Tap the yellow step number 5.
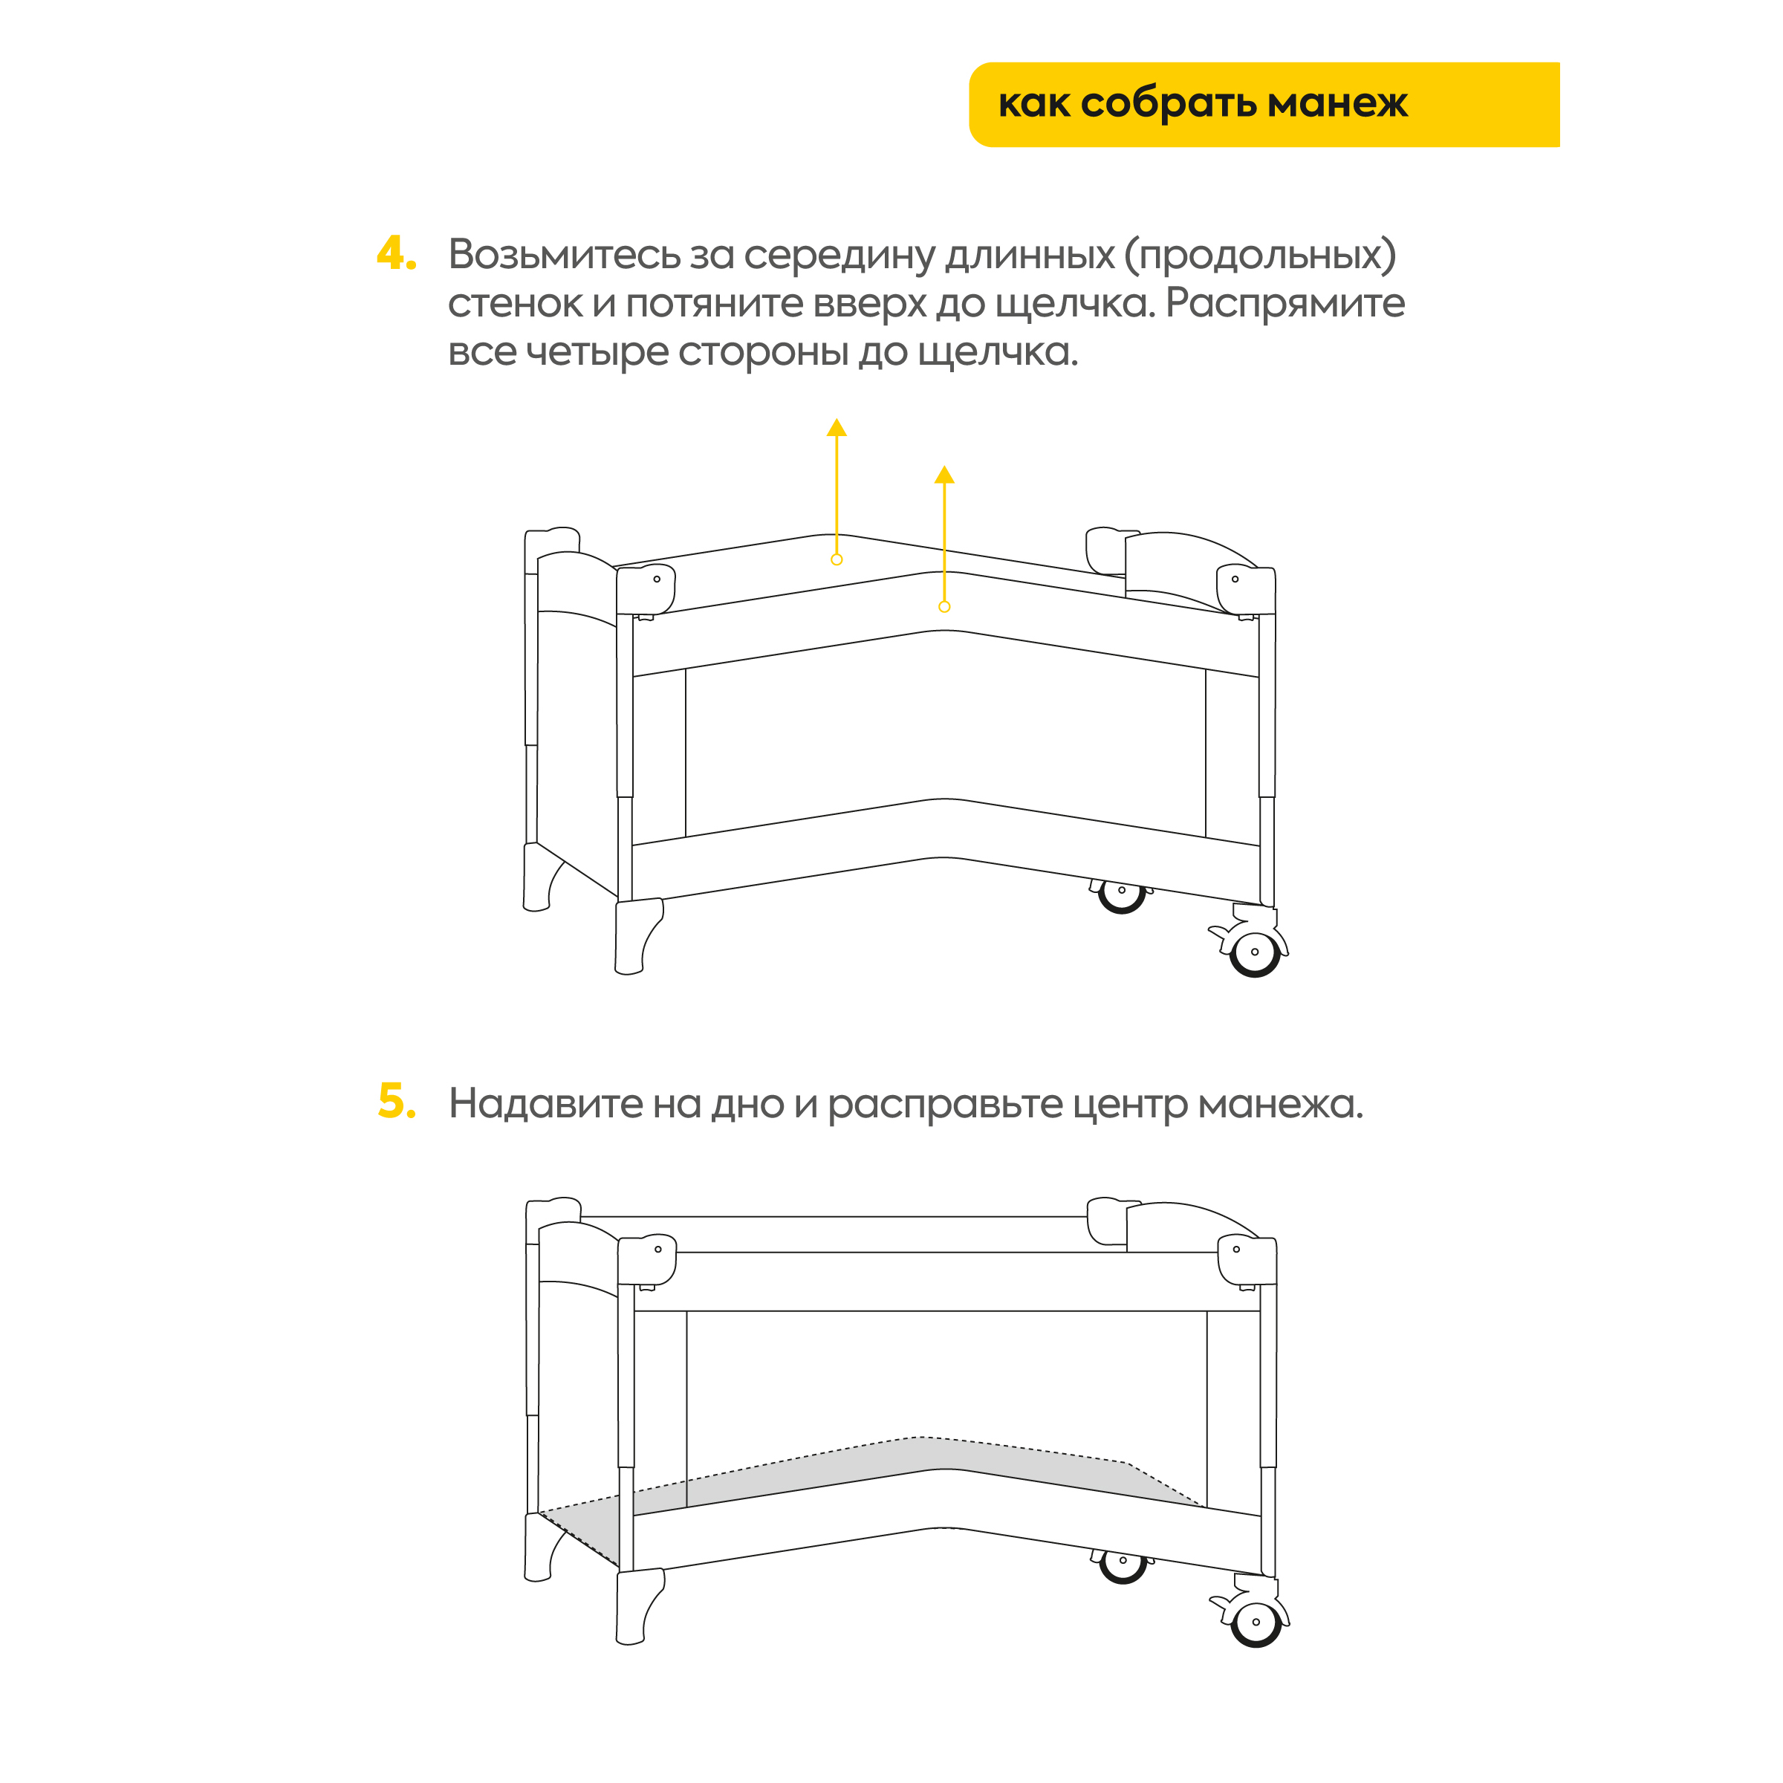coord(397,1101)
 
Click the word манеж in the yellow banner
coord(1337,103)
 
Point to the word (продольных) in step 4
coord(1260,256)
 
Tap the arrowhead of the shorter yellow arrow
coord(944,475)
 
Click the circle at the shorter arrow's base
coord(944,606)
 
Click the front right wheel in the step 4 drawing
coord(1255,952)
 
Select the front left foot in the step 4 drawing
coord(637,936)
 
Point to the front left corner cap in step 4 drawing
coord(646,591)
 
